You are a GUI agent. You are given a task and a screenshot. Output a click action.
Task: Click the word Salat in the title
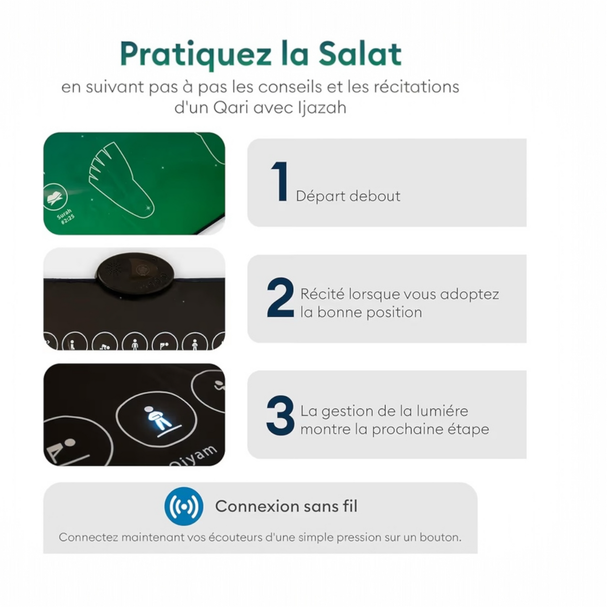tap(360, 54)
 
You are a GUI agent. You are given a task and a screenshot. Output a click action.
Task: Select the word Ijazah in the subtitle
tap(322, 108)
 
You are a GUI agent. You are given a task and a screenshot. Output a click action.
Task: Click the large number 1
tap(280, 182)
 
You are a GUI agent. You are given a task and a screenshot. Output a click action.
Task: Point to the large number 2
tap(280, 297)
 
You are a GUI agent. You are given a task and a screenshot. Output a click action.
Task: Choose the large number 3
tap(280, 415)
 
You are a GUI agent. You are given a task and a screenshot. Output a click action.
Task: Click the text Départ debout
tap(348, 196)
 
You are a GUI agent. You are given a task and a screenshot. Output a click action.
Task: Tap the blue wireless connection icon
tap(184, 506)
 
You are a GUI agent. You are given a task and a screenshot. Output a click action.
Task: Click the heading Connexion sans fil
tap(286, 506)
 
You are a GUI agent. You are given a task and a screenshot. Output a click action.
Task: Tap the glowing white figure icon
tap(157, 418)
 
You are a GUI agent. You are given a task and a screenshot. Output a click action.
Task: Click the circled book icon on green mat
tap(55, 197)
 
